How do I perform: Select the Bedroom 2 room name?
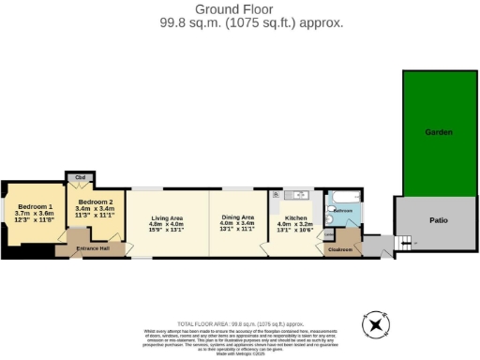point(96,202)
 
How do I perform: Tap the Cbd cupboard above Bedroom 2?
point(82,177)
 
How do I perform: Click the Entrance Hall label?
point(94,247)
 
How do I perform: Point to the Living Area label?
point(167,218)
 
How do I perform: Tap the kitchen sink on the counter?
point(298,195)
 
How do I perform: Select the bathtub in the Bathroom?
point(343,197)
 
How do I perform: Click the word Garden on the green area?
point(438,132)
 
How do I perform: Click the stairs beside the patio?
point(404,244)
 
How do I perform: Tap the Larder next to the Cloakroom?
point(329,234)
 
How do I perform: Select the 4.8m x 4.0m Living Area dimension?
point(167,225)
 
